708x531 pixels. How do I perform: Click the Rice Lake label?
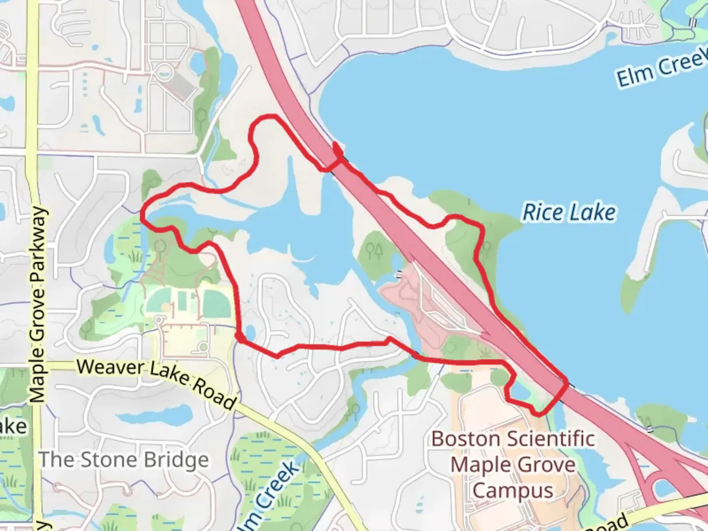coord(568,212)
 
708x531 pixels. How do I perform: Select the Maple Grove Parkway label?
coord(38,305)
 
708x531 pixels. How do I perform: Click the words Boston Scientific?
coord(513,439)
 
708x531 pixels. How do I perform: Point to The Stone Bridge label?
coord(124,460)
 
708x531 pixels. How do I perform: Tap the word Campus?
coord(513,491)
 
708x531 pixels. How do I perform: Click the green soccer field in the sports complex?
coord(217,304)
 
